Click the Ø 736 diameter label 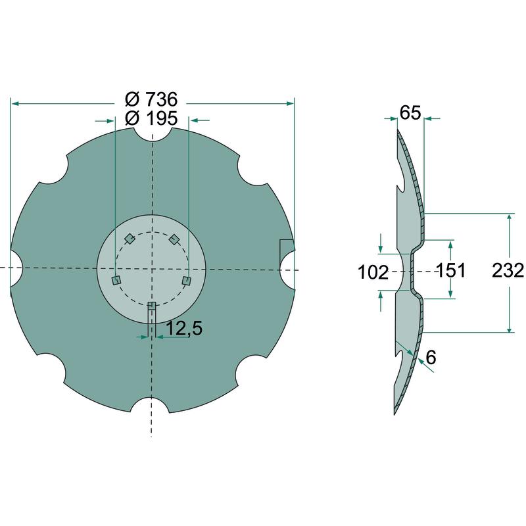pos(151,99)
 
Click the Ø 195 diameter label pos(151,118)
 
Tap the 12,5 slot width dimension pos(184,328)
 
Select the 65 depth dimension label pos(410,112)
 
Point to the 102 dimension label pos(373,272)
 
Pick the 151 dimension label pos(450,270)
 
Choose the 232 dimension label pos(508,270)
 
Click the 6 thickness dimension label pos(431,357)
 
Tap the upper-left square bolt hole pos(129,239)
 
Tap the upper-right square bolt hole pos(174,239)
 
